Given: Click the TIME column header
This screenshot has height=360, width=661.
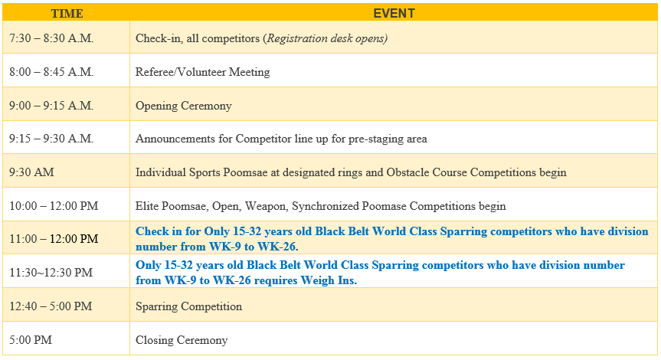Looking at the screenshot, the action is (67, 14).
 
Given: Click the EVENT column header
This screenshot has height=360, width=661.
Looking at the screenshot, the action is (394, 14).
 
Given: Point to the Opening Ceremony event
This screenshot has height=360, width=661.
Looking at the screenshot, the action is (183, 106).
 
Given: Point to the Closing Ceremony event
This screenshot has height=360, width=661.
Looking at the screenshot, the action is (182, 340).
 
